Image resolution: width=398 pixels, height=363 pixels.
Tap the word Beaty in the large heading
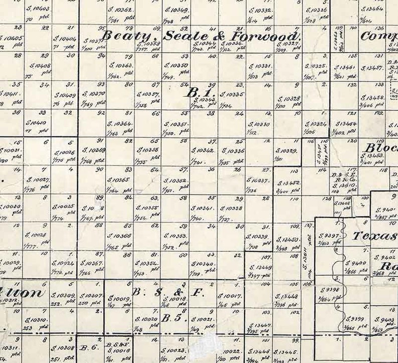pos(122,36)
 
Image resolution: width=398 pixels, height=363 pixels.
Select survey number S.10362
pos(120,10)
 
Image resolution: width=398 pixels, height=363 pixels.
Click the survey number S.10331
pos(260,66)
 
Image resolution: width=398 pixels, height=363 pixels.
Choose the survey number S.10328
pos(288,99)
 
